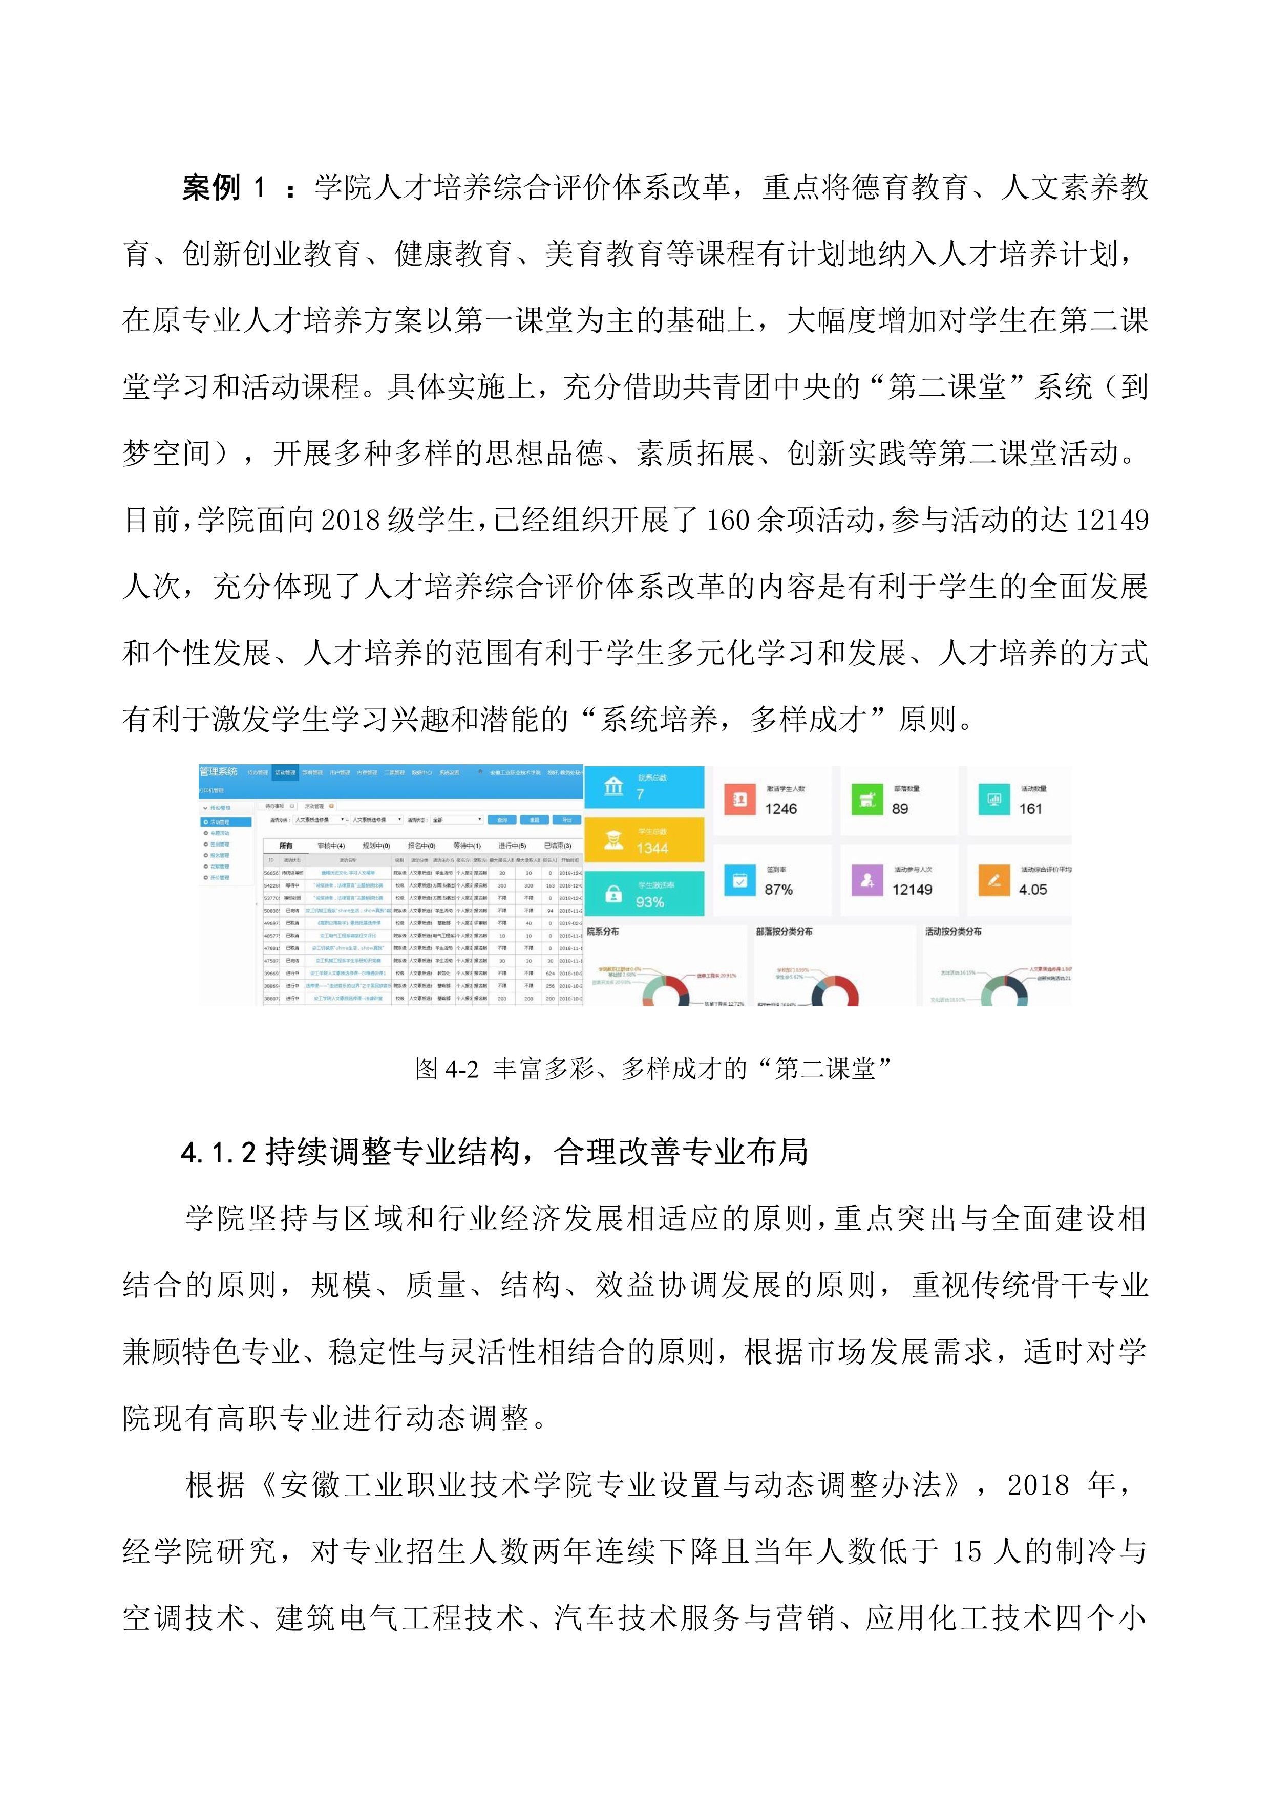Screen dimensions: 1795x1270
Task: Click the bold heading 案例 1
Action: (x=223, y=188)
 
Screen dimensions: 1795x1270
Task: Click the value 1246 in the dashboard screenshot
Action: (x=780, y=809)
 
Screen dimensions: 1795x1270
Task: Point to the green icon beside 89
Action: (x=866, y=799)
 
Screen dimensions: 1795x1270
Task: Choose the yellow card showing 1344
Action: (x=644, y=839)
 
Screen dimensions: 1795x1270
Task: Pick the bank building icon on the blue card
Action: (x=614, y=786)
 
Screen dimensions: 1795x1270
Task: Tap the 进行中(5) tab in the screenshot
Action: (x=512, y=846)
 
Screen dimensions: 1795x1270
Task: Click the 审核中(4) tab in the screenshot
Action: (x=331, y=846)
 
